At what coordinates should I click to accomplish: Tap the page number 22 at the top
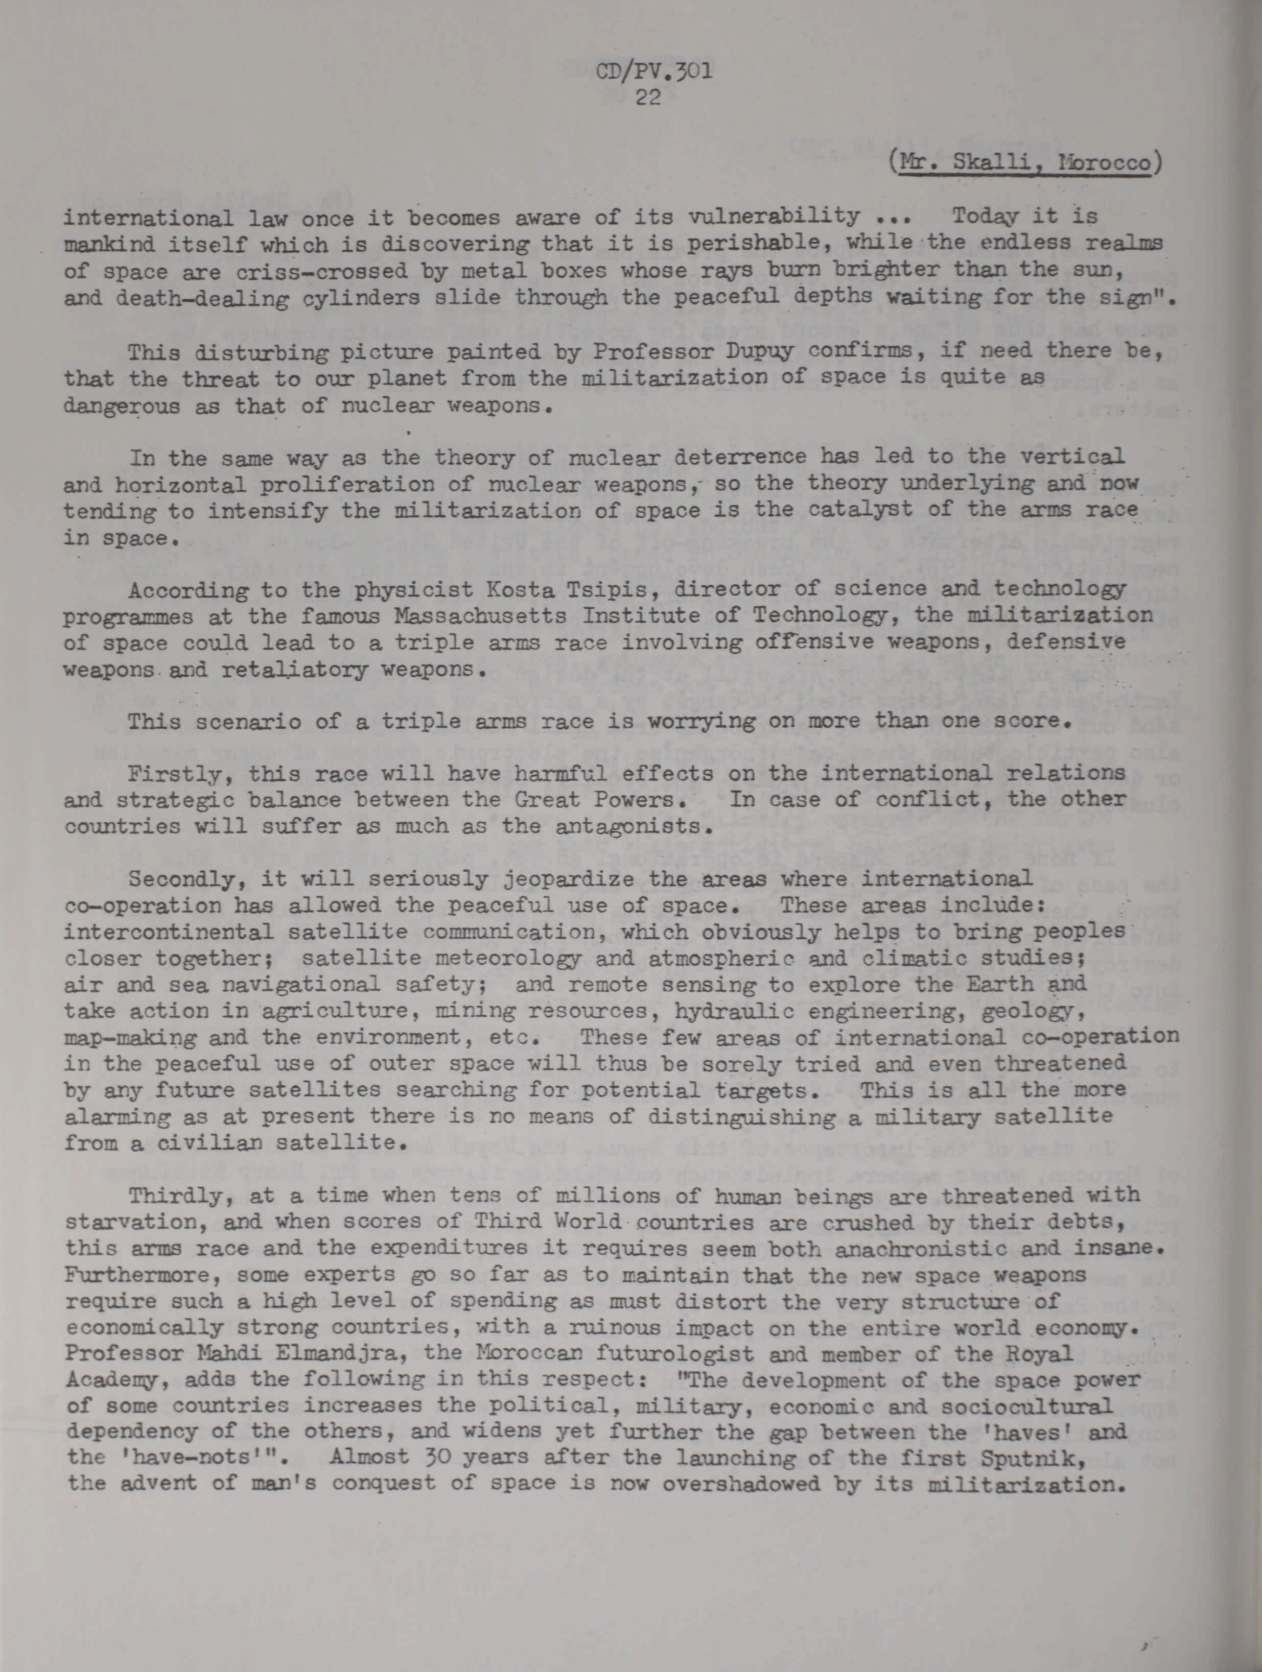point(649,98)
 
